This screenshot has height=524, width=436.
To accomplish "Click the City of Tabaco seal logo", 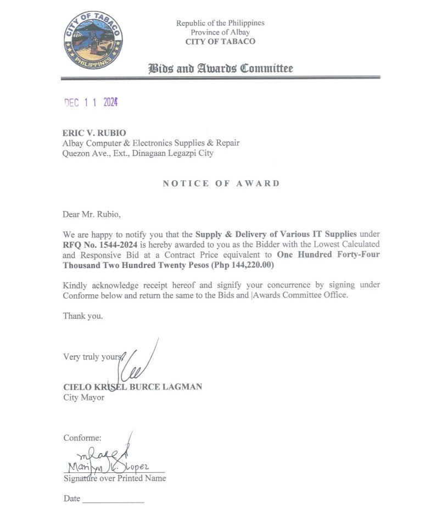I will pyautogui.click(x=93, y=40).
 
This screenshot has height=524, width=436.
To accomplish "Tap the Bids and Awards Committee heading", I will pyautogui.click(x=220, y=69).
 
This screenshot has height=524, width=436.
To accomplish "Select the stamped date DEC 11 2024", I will pyautogui.click(x=91, y=102).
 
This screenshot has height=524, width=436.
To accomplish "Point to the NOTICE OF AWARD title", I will pyautogui.click(x=221, y=183).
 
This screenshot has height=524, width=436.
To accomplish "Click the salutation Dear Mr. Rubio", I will pyautogui.click(x=91, y=214).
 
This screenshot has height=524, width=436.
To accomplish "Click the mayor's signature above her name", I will pyautogui.click(x=137, y=363).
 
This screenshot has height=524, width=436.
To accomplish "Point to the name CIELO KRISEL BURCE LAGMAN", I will pyautogui.click(x=132, y=387).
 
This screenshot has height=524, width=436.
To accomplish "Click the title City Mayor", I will pyautogui.click(x=83, y=397).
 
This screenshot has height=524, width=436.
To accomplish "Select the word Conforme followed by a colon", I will pyautogui.click(x=82, y=438).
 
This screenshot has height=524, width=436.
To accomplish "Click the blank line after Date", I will pyautogui.click(x=113, y=500).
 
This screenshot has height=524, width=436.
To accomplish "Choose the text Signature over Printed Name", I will pyautogui.click(x=114, y=478).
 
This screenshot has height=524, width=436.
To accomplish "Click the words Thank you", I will pyautogui.click(x=83, y=316).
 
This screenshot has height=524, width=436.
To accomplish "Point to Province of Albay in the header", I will pyautogui.click(x=220, y=32).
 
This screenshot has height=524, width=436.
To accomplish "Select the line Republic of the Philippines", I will pyautogui.click(x=220, y=23).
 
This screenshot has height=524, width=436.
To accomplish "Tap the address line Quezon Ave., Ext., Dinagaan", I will pyautogui.click(x=138, y=153).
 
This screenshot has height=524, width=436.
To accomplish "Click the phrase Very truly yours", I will pyautogui.click(x=92, y=357).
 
